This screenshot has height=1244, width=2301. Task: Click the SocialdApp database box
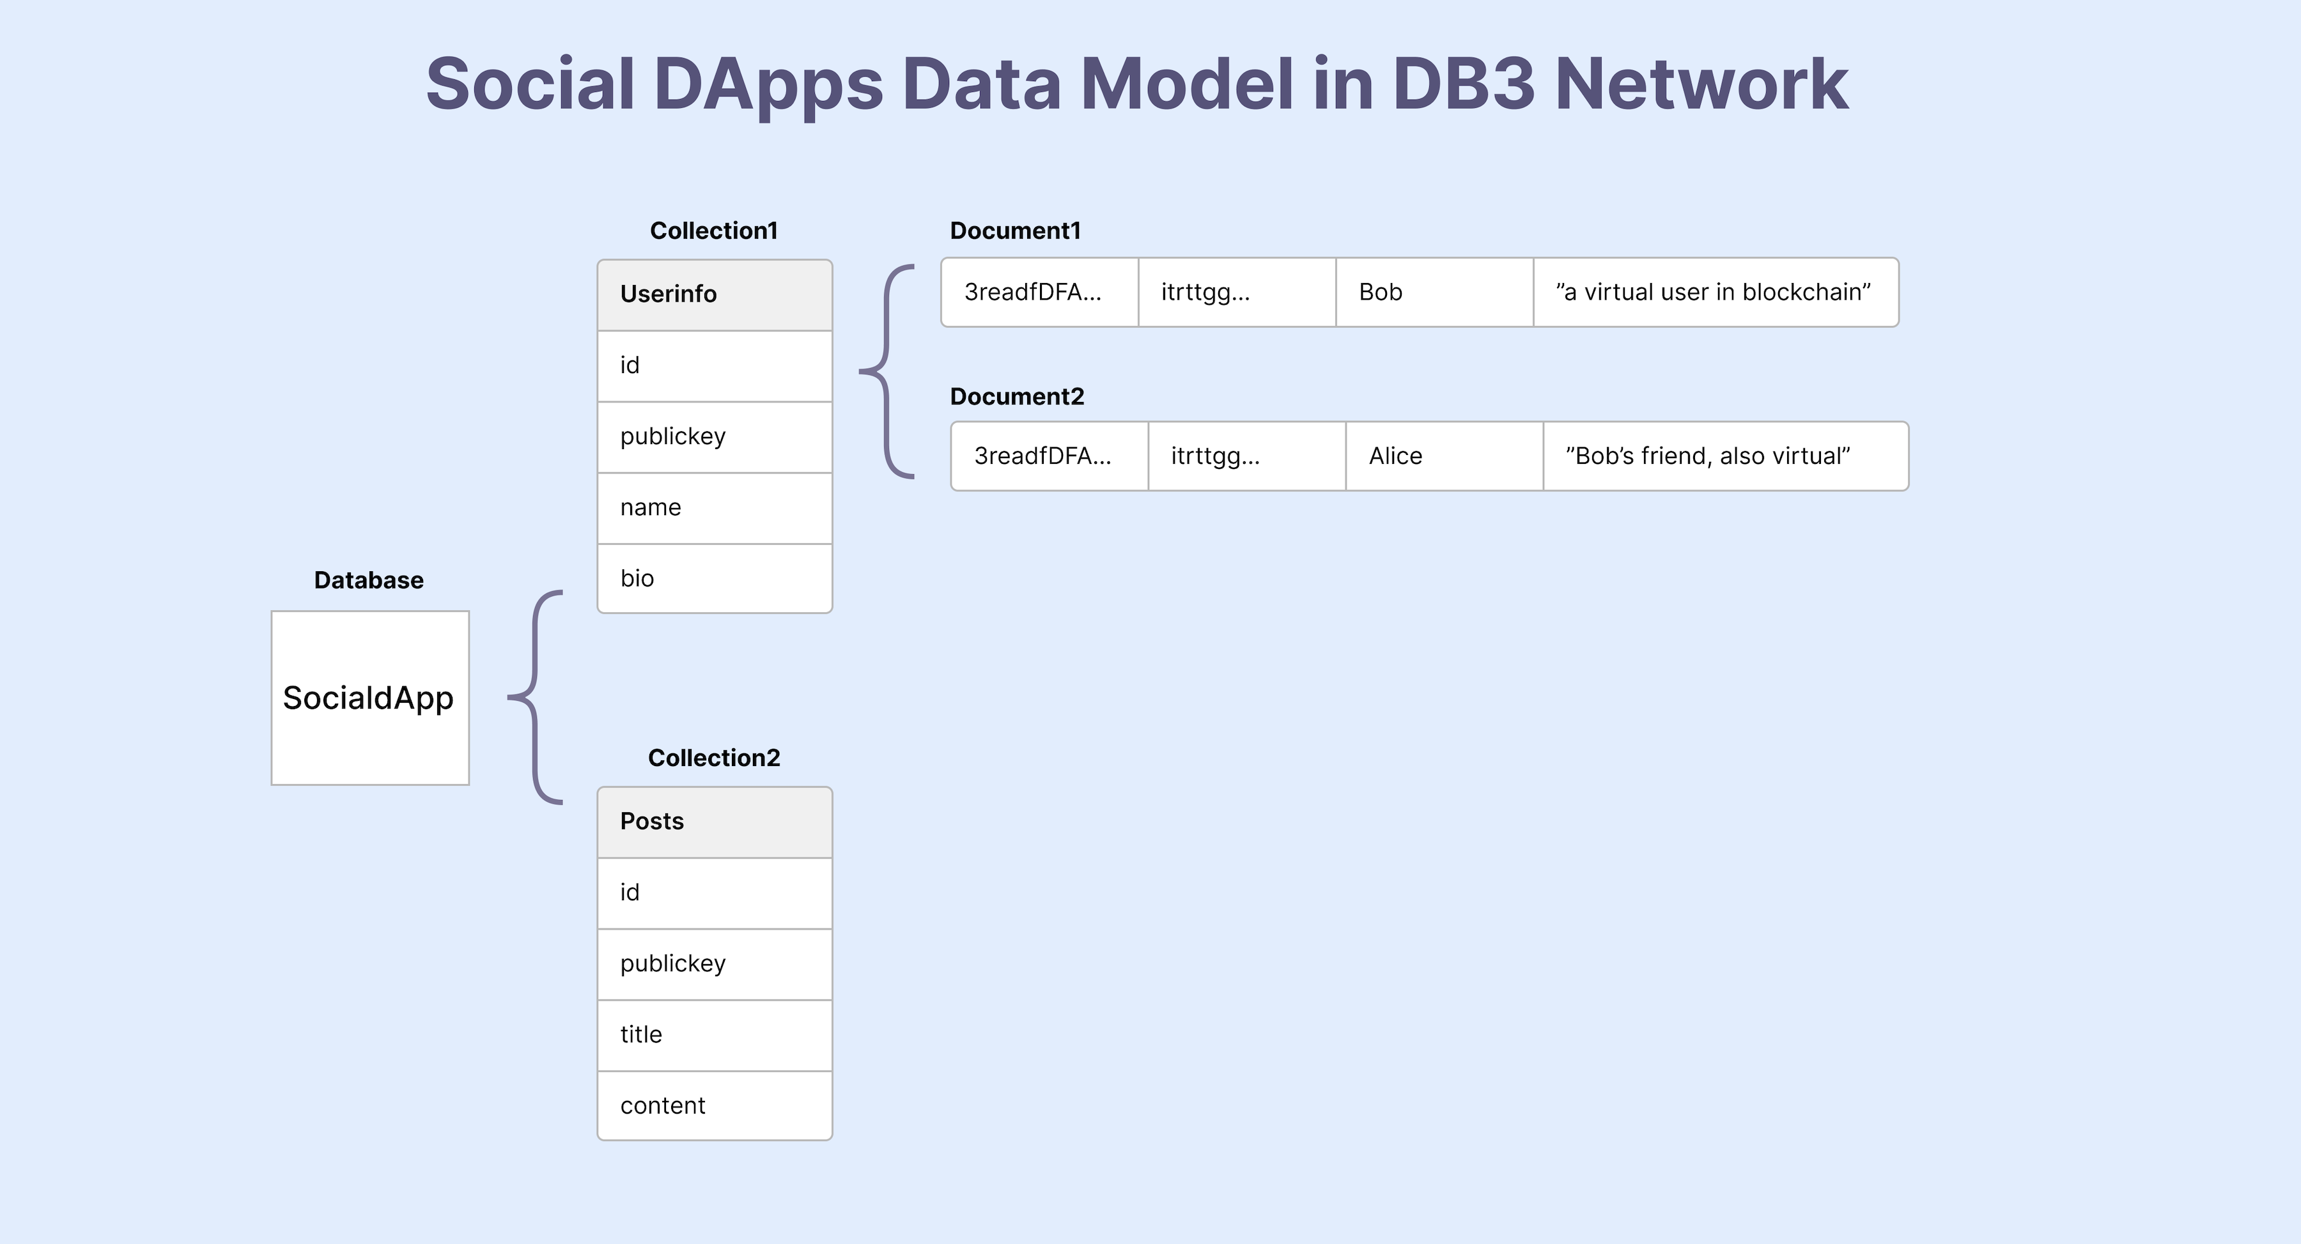pos(370,698)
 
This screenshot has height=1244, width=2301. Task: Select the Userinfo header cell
pos(714,295)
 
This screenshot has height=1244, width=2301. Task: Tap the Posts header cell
pos(714,822)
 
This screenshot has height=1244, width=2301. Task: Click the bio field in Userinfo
pos(714,579)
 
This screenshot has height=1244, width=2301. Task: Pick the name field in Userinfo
pos(714,507)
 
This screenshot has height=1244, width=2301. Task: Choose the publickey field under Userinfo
pos(714,436)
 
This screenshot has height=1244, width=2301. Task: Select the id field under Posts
pos(714,892)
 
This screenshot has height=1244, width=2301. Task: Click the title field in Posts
pos(714,1034)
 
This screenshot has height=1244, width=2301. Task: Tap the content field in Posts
pos(714,1105)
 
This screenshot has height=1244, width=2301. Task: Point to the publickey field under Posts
pos(714,964)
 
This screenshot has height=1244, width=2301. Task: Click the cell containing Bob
pos(1434,292)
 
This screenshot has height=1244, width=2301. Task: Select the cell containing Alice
pos(1443,456)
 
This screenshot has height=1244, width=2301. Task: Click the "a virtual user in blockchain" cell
pos(1715,292)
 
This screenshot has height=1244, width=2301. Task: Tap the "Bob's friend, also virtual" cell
pos(1725,456)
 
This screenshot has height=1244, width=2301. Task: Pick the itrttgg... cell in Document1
pos(1236,292)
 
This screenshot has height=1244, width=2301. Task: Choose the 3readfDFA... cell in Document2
pos(1049,456)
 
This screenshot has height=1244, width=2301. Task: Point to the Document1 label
pos(1015,231)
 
